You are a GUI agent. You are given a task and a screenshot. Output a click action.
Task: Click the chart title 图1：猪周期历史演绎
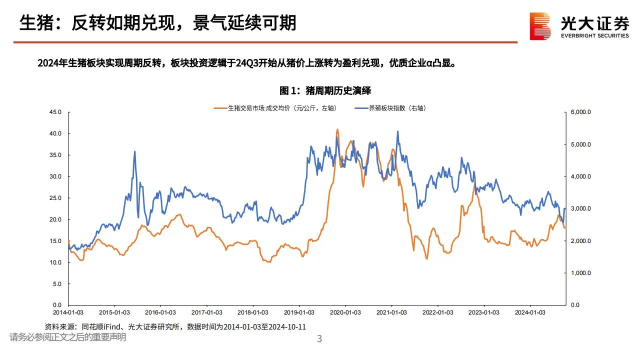[x=325, y=90]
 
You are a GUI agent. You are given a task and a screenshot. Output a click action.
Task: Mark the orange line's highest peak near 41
[x=337, y=129]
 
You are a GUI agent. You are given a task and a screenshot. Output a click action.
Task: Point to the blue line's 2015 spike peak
[x=134, y=151]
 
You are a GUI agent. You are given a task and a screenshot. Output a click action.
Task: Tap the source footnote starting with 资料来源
[x=175, y=326]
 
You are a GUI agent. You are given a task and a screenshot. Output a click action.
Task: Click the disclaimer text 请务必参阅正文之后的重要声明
[x=67, y=337]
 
